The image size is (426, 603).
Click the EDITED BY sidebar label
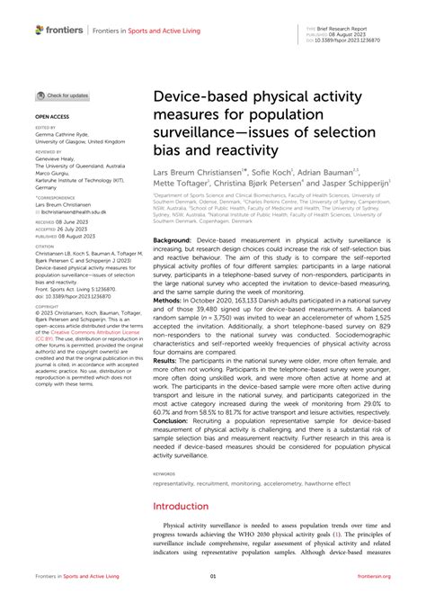[x=45, y=127]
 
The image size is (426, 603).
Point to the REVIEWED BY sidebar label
[x=48, y=153]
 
